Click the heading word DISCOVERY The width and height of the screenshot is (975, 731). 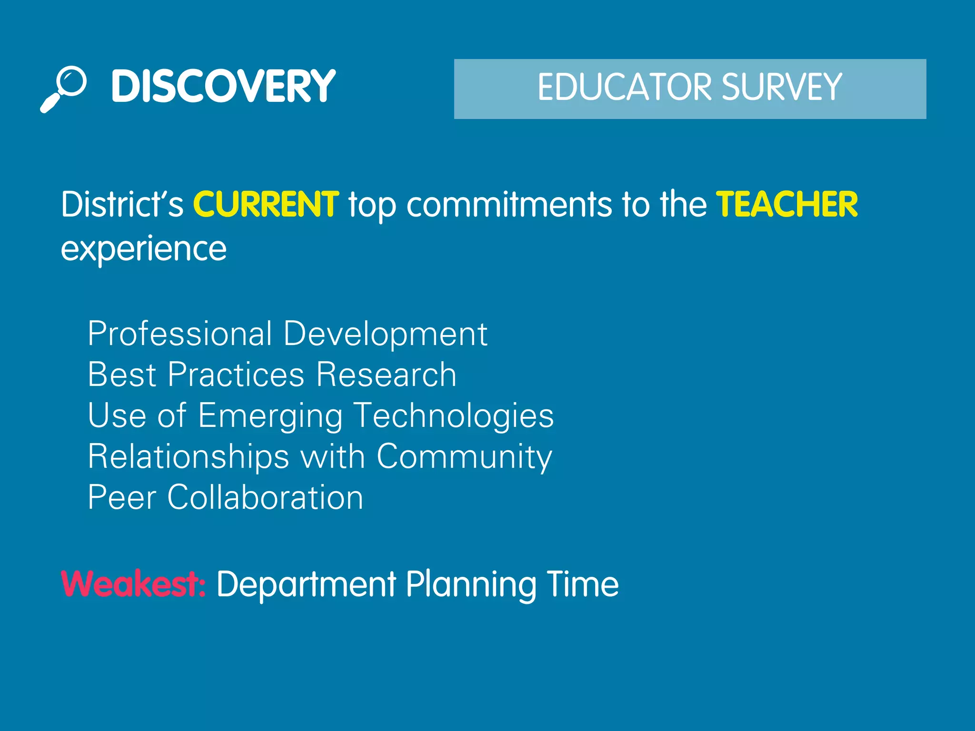[x=223, y=86]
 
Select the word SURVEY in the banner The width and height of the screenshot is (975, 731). [x=782, y=87]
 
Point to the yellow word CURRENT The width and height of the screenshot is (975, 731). [x=266, y=205]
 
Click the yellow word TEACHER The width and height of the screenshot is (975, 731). [x=787, y=205]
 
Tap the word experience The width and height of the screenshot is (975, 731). [x=144, y=249]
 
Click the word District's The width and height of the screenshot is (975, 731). [x=122, y=205]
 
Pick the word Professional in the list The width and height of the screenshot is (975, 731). [x=180, y=334]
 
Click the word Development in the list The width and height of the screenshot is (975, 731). [x=385, y=335]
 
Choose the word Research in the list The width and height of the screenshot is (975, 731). [x=386, y=375]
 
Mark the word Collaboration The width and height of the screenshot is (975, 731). [x=265, y=497]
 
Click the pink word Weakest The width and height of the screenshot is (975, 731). [x=133, y=584]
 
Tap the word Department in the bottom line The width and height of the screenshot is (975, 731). [x=306, y=585]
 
